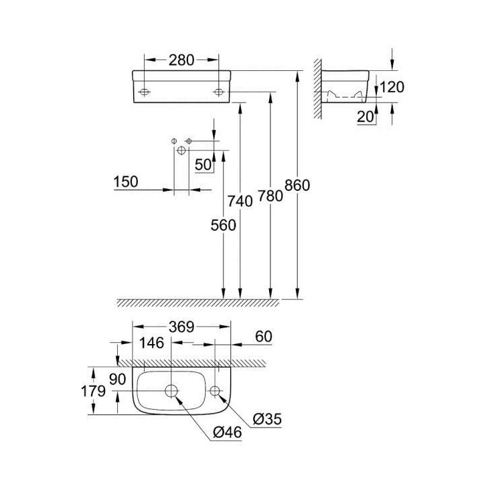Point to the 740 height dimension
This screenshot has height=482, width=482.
pyautogui.click(x=240, y=201)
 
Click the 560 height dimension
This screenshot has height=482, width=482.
pyautogui.click(x=223, y=226)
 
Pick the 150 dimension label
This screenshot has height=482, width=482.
pyautogui.click(x=126, y=181)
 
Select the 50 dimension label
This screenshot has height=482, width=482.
pyautogui.click(x=203, y=164)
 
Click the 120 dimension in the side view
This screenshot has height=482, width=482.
pyautogui.click(x=394, y=86)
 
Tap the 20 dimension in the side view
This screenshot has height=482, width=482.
pyautogui.click(x=365, y=116)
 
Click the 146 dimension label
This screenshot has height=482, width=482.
pyautogui.click(x=152, y=343)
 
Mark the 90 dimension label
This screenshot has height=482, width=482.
pyautogui.click(x=118, y=378)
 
